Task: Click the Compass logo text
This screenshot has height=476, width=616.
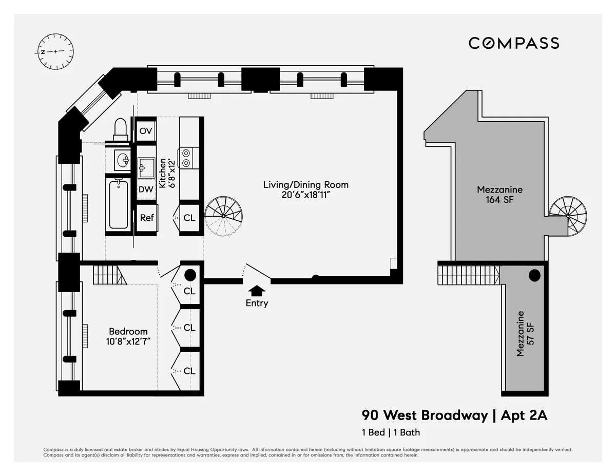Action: click(514, 43)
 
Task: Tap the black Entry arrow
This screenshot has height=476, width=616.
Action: click(257, 291)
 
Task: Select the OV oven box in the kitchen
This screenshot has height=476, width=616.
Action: click(146, 131)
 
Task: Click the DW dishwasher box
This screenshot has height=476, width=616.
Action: click(146, 189)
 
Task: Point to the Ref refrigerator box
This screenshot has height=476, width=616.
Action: click(147, 218)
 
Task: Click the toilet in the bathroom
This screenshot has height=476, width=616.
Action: click(120, 128)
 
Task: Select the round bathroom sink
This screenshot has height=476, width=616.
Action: click(123, 161)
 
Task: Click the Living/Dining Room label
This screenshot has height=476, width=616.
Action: click(306, 189)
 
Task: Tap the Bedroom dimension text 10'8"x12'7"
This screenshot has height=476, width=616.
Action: click(128, 341)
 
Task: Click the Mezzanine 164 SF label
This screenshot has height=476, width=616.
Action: click(499, 195)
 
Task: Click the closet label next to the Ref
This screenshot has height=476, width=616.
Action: click(189, 218)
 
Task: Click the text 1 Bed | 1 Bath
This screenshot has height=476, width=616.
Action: click(391, 432)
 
